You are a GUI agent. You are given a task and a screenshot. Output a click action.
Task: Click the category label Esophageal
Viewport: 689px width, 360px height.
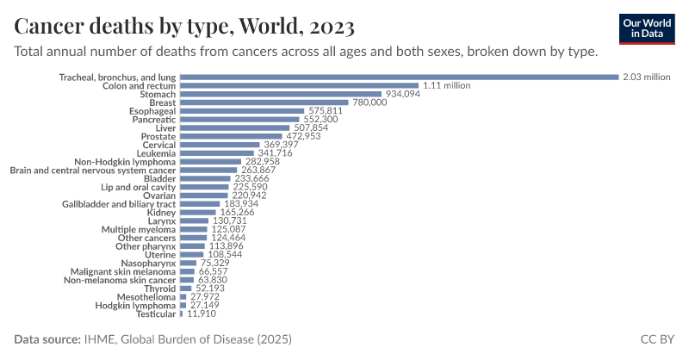point(152,111)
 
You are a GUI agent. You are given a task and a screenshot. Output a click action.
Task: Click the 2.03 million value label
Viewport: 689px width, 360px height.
point(646,78)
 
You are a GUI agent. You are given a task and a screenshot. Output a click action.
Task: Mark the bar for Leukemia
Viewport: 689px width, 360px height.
point(214,153)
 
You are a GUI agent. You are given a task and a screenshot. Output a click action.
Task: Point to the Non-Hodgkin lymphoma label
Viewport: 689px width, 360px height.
point(125,161)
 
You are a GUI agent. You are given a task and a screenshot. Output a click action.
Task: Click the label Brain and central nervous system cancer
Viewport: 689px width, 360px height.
point(93,170)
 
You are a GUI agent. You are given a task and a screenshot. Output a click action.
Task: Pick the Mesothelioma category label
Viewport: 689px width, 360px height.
point(148,296)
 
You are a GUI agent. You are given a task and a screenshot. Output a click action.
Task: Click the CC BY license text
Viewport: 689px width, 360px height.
point(658,339)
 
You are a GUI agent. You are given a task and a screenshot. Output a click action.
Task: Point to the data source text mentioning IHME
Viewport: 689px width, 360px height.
point(153,339)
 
